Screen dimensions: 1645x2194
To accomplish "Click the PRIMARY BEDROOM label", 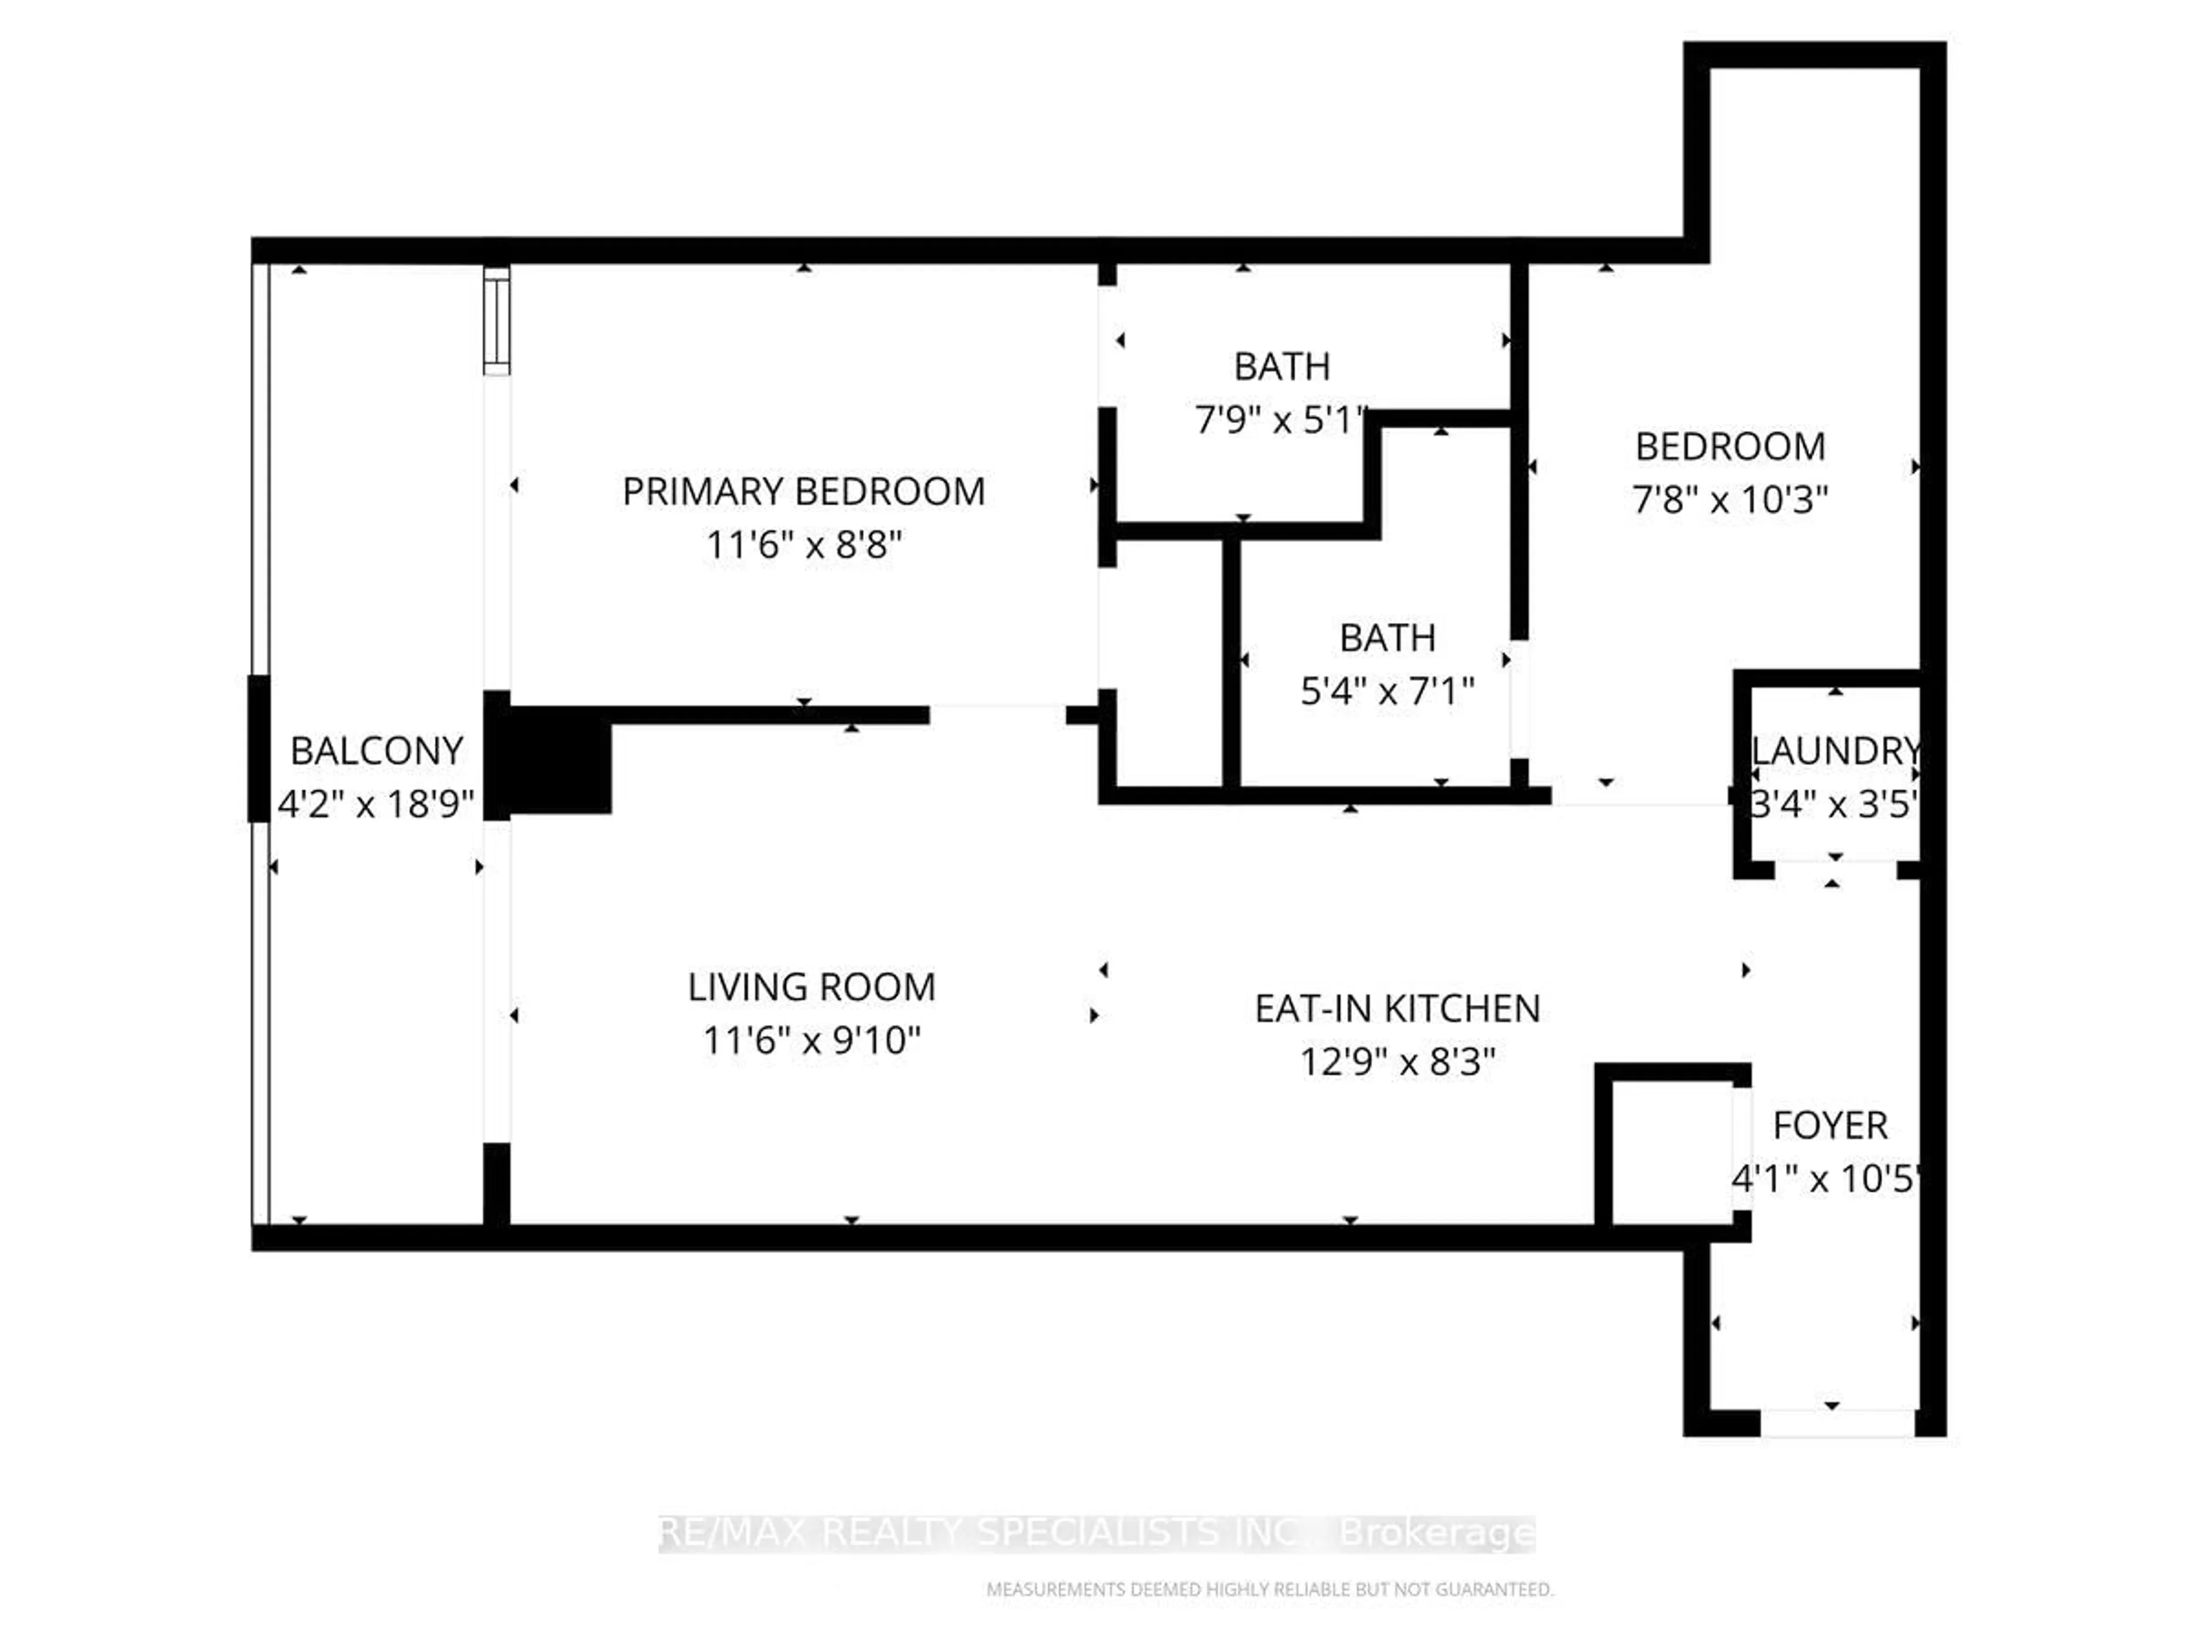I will pos(803,492).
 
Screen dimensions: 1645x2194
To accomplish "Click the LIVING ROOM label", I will pos(811,988).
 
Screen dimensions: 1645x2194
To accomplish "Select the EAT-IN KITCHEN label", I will pos(1396,1009).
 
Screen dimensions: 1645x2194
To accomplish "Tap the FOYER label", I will pos(1830,1125).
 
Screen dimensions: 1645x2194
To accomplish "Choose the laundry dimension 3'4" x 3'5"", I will pos(1833,804).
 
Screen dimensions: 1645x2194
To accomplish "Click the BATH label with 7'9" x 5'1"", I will pos(1282,367).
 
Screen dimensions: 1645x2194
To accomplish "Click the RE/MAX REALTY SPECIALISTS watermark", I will pos(1096,1533).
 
